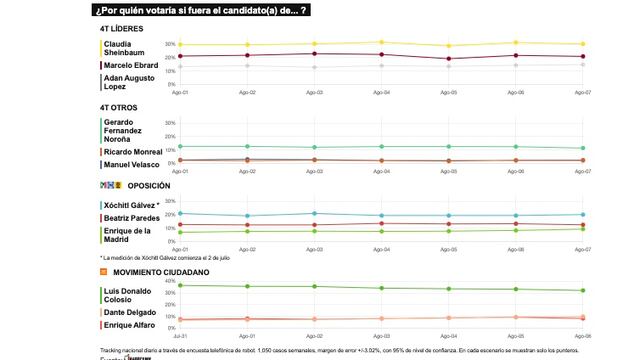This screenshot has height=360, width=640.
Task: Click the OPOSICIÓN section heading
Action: click(x=144, y=185)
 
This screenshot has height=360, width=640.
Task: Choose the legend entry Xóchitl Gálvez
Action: click(x=135, y=205)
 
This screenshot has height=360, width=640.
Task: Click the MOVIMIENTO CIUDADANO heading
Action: click(x=160, y=272)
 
